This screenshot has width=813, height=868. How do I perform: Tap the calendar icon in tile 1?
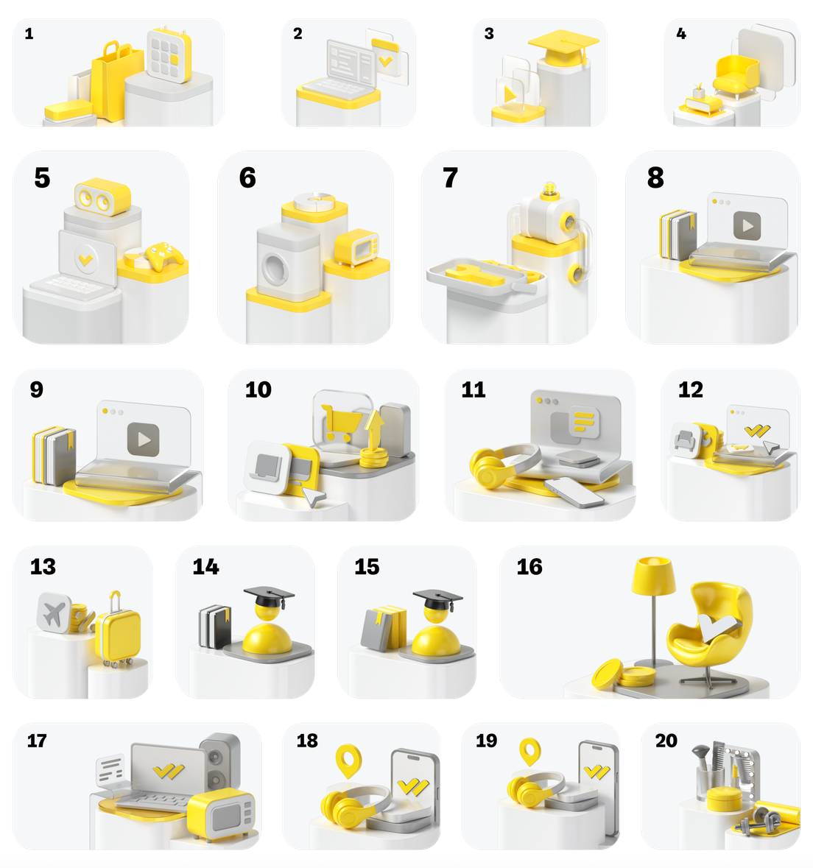pyautogui.click(x=169, y=54)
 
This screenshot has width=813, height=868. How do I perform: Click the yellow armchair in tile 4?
pyautogui.click(x=736, y=77)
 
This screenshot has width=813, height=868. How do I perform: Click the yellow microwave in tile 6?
pyautogui.click(x=357, y=247)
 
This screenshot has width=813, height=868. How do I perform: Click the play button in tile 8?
pyautogui.click(x=747, y=226)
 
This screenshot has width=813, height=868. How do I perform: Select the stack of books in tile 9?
pyautogui.click(x=54, y=456)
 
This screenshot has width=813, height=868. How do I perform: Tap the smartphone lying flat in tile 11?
pyautogui.click(x=574, y=492)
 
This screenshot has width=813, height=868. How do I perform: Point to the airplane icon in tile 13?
pyautogui.click(x=54, y=613)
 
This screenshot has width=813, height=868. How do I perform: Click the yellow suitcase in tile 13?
pyautogui.click(x=117, y=632)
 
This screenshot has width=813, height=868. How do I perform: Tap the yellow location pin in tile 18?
pyautogui.click(x=349, y=761)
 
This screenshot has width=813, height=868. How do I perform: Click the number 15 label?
pyautogui.click(x=367, y=566)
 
